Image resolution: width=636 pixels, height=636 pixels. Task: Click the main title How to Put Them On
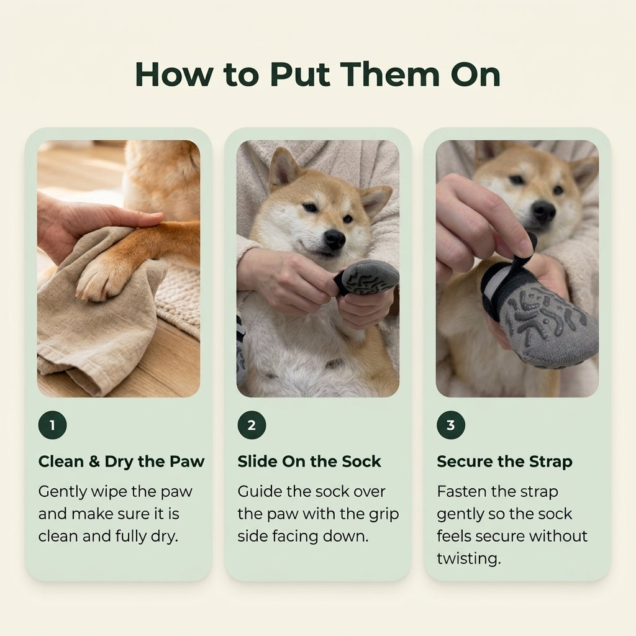(317, 75)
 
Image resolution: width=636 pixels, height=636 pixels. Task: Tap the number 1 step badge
(52, 425)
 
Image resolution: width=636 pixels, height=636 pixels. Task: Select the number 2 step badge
(252, 425)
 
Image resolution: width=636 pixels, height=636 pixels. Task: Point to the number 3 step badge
(451, 425)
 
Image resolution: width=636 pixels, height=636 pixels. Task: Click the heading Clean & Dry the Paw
(121, 461)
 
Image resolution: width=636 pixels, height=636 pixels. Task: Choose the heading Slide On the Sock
(309, 461)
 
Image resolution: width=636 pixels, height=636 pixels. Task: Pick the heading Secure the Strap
(504, 461)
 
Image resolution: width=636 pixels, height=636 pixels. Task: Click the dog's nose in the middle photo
(335, 239)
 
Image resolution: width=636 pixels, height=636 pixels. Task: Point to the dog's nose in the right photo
(543, 211)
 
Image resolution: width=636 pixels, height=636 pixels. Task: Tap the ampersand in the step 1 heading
(94, 461)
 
